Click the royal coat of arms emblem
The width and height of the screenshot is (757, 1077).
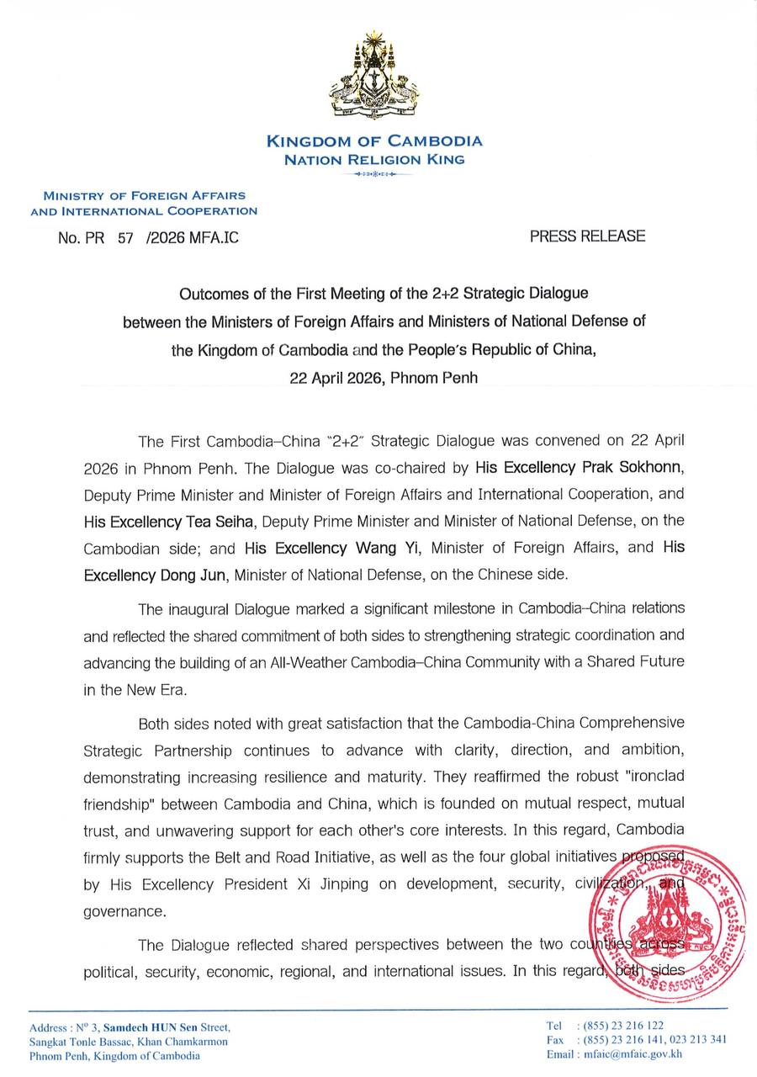click(x=374, y=76)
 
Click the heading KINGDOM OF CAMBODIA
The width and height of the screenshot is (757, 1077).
click(x=374, y=141)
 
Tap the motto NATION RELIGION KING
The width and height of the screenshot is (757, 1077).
click(x=374, y=159)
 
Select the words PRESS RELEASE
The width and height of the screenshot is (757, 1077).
click(x=587, y=236)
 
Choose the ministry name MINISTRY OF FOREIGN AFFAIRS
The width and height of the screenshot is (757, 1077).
click(x=144, y=195)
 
